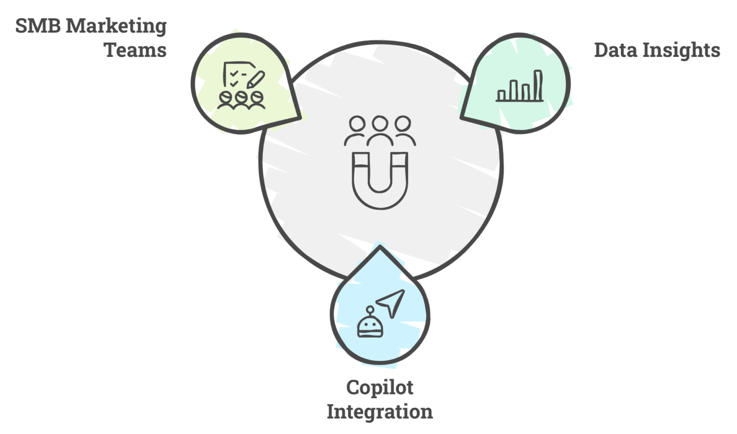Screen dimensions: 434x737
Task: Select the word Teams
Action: point(135,51)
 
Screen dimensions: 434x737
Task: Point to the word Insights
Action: point(684,51)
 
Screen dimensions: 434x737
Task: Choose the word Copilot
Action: point(380,388)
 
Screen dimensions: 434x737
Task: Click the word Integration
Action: point(380,411)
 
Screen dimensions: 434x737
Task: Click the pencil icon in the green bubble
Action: point(256,79)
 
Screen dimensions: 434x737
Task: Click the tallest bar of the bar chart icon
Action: point(537,85)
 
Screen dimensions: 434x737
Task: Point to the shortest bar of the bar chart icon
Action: point(502,95)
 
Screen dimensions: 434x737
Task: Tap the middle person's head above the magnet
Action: point(380,125)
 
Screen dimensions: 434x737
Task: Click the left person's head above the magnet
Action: point(356,124)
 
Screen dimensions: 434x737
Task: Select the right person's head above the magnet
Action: point(403,124)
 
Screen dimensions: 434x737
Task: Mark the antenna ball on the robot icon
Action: point(370,309)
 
